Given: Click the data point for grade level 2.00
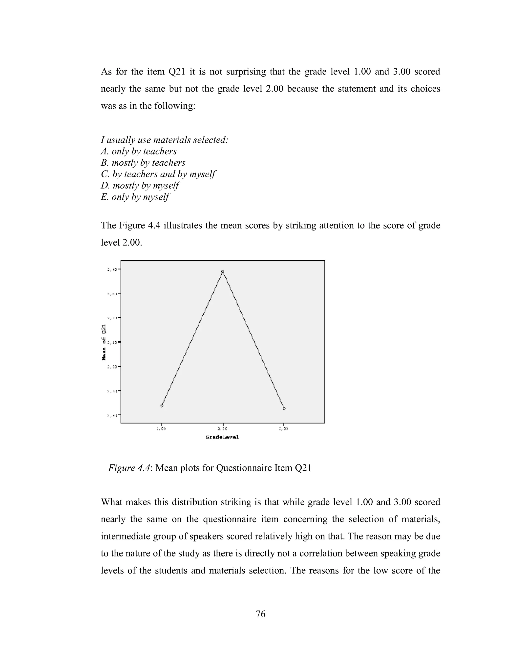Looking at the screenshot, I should tap(223, 272).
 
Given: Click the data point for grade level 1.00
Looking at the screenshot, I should tap(162, 406).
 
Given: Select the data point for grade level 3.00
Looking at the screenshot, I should tap(284, 408).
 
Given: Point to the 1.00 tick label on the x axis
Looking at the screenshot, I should tap(161, 429).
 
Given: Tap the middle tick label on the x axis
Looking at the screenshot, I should tap(223, 429).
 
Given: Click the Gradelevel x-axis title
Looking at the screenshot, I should tap(222, 437).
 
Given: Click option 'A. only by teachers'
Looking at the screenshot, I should tap(139, 152).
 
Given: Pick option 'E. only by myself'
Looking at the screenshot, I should tap(135, 197).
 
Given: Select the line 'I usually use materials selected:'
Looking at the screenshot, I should tap(164, 140).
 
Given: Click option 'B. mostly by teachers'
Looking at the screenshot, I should tap(143, 163).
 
